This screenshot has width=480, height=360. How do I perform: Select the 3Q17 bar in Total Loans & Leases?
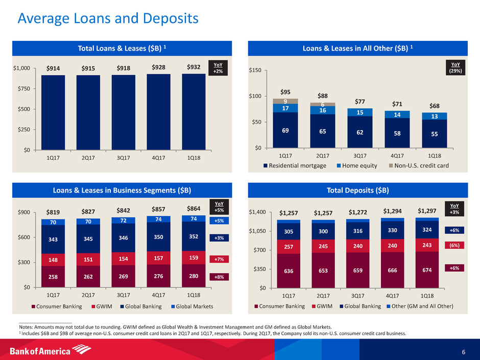[123, 112]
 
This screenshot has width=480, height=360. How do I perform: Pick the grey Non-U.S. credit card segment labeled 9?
[285, 101]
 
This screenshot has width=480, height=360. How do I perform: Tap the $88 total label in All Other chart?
[320, 95]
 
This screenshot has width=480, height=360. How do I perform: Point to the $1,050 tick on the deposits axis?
[259, 231]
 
